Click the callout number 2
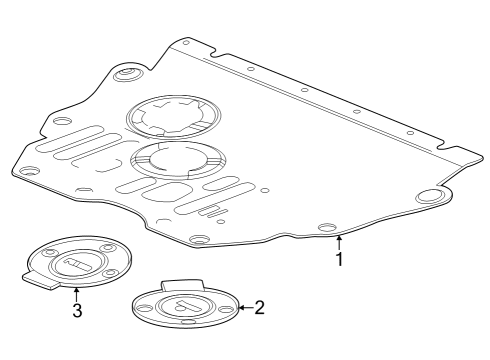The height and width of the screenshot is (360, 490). coord(259,307)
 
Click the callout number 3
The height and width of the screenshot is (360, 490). coord(76,310)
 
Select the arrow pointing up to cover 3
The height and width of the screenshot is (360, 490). coord(76,293)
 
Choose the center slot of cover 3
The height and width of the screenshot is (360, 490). coord(76,262)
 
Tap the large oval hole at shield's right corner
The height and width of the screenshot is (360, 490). coord(429,197)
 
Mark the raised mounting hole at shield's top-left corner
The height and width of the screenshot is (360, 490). coord(127,75)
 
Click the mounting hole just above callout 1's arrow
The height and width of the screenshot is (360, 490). coord(325,229)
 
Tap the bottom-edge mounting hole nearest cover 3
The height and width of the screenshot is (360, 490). coord(198,240)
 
